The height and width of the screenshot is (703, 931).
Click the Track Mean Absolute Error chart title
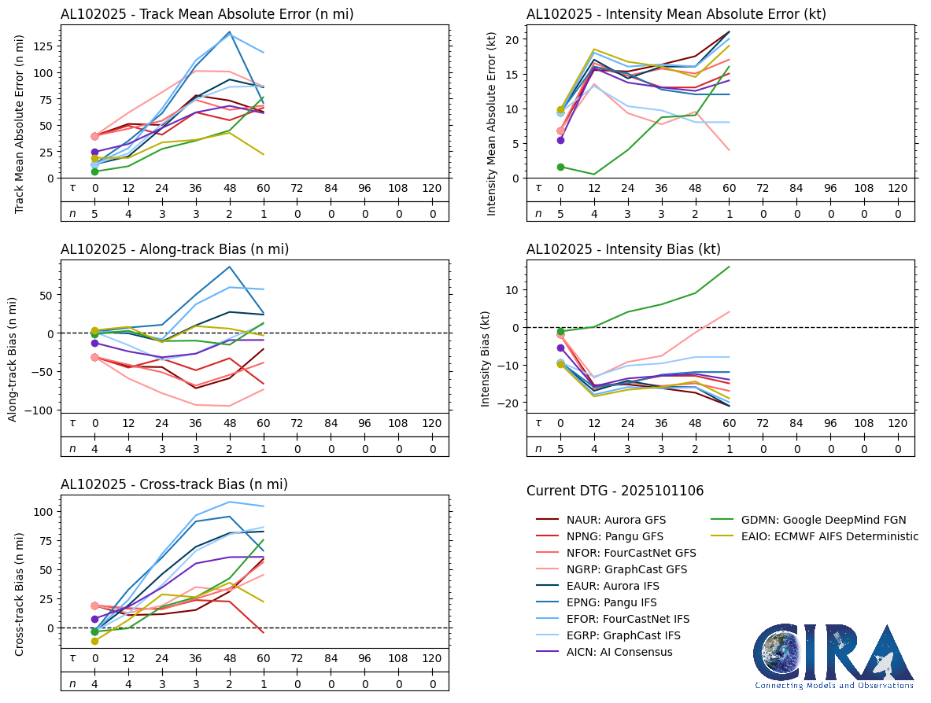[207, 14]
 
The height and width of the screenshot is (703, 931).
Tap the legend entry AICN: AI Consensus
[619, 652]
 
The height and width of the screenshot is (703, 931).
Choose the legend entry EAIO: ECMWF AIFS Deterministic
[829, 536]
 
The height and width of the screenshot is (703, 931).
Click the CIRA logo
[833, 657]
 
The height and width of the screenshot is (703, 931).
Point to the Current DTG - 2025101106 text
[615, 491]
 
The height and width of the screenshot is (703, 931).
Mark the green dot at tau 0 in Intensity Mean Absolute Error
[560, 167]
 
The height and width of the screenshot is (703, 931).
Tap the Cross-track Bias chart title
[174, 484]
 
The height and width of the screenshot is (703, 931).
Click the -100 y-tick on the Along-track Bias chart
[41, 410]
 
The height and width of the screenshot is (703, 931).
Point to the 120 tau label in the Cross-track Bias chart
[432, 658]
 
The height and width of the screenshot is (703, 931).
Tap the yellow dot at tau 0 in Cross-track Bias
[94, 641]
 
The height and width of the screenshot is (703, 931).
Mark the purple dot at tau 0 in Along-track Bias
[94, 343]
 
